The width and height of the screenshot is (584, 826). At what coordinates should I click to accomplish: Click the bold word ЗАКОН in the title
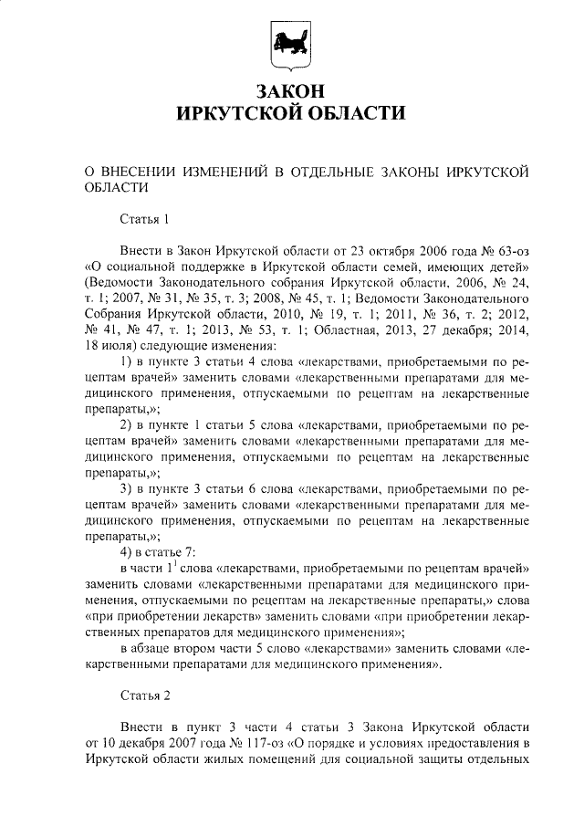[291, 90]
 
